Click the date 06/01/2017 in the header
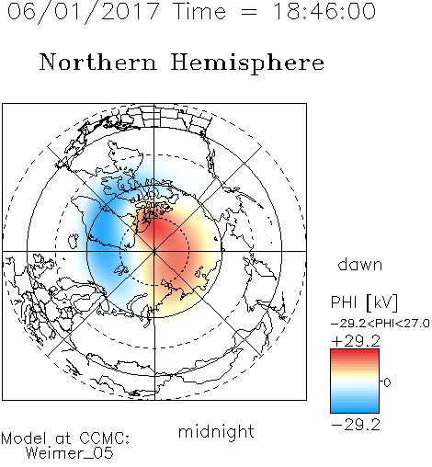click(83, 12)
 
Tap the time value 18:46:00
click(324, 11)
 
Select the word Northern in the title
click(98, 62)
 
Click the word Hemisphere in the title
click(247, 63)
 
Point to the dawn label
click(360, 264)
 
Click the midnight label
click(216, 431)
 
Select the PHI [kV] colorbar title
click(364, 302)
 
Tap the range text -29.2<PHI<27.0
click(381, 324)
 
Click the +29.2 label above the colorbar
click(356, 341)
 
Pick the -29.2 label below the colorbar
click(356, 425)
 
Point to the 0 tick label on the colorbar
click(387, 382)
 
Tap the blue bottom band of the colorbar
click(355, 407)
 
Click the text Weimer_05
click(70, 453)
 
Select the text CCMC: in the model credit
click(105, 439)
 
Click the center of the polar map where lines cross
click(154, 252)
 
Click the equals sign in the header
click(248, 12)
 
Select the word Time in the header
click(199, 12)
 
